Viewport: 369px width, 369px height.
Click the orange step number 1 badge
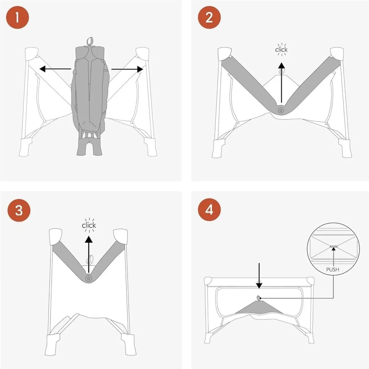click(x=17, y=17)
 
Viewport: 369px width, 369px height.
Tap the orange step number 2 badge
click(x=209, y=17)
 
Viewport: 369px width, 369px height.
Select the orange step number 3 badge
click(x=19, y=210)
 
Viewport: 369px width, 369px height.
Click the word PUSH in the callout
click(x=333, y=270)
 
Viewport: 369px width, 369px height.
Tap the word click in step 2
click(x=281, y=50)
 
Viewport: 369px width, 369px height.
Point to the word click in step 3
click(x=89, y=225)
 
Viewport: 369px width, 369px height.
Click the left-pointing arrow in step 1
click(x=55, y=69)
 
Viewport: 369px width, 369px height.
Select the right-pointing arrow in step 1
click(x=127, y=69)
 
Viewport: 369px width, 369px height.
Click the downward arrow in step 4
click(x=259, y=276)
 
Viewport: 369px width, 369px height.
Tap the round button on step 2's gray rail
click(x=281, y=110)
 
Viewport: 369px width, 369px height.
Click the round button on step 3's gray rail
click(x=89, y=278)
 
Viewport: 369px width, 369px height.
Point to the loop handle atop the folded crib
click(x=90, y=41)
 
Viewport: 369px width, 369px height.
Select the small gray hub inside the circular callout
click(x=333, y=246)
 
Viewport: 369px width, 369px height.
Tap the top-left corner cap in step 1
click(x=32, y=53)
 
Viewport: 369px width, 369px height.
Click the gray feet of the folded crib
click(x=89, y=147)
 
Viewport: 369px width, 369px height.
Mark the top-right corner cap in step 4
click(x=310, y=281)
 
